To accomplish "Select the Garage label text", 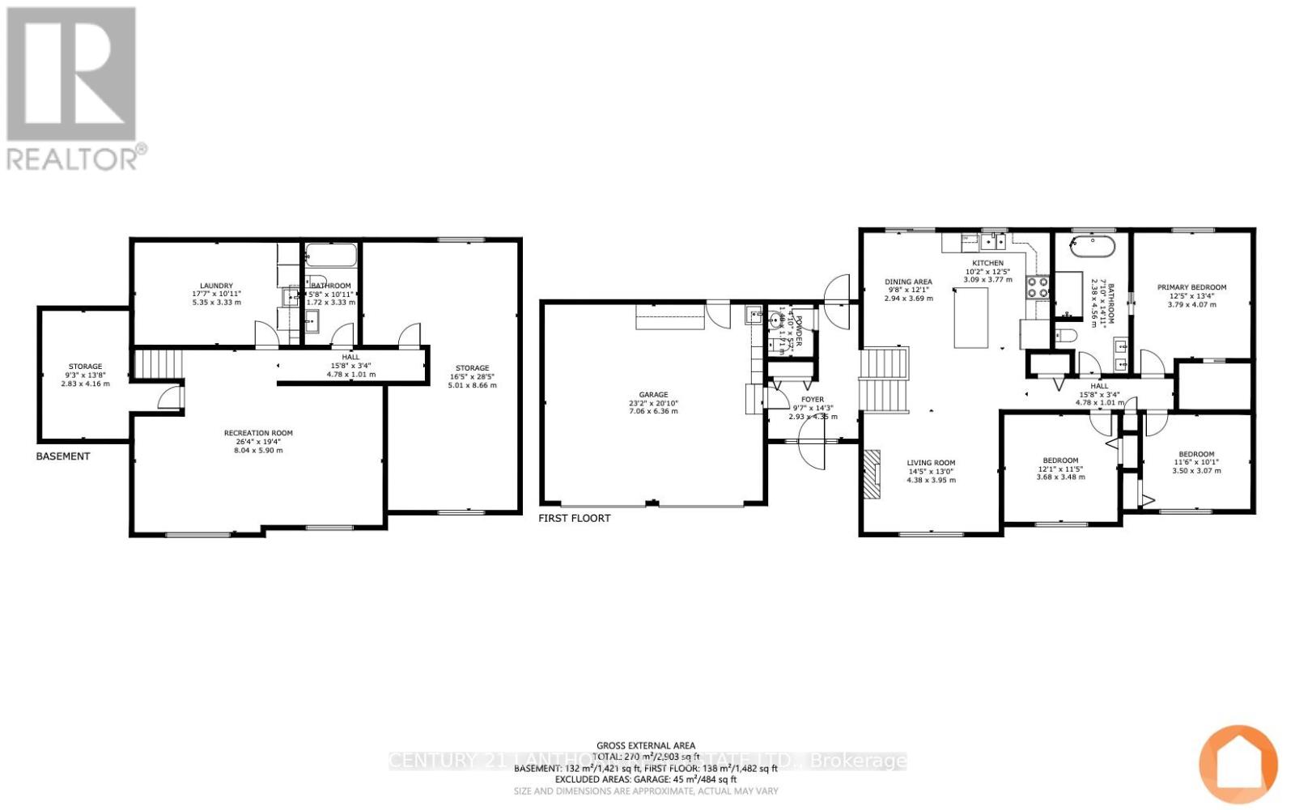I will pos(653,395).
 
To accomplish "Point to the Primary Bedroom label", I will pos(1191,287).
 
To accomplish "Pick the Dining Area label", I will pos(908,282).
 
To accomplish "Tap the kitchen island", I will pos(970,318).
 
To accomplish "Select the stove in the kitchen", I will pos(1038,287).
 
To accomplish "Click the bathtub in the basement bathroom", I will pos(331,257).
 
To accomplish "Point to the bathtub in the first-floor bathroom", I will pos(1093,245).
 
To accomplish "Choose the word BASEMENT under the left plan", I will pos(63,456).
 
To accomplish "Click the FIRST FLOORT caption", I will pos(575,518).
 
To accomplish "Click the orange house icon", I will pos(1238,765).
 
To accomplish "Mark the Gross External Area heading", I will pos(645,746).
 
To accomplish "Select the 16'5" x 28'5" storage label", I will pos(472,376).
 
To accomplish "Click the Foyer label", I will pos(812,400).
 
